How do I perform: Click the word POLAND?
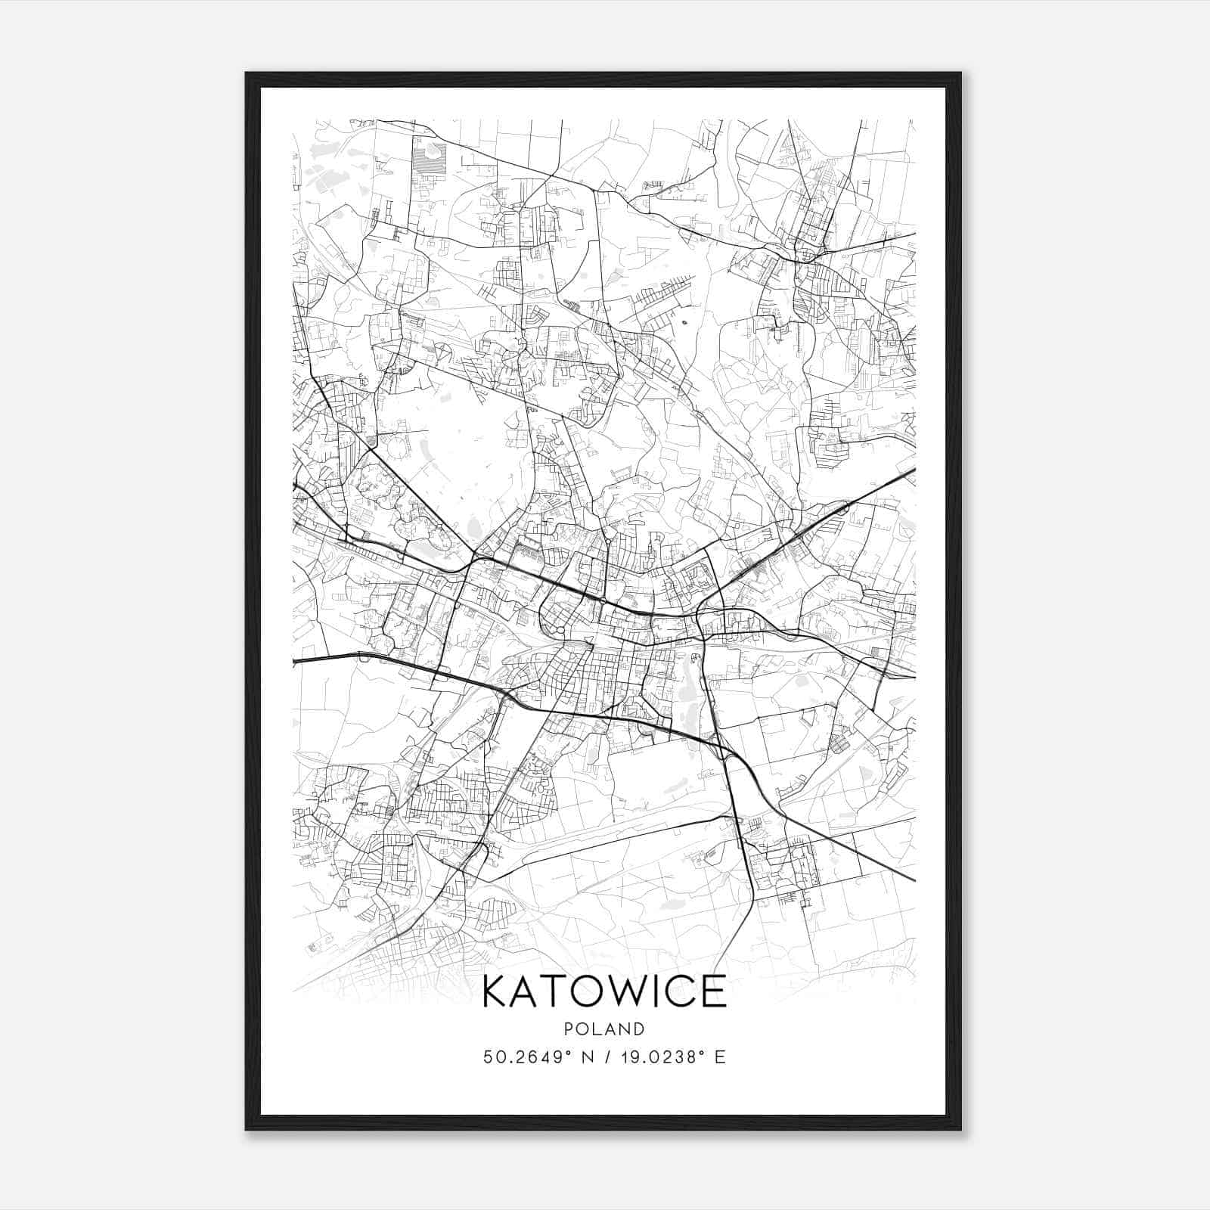pyautogui.click(x=604, y=1029)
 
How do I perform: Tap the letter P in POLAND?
pyautogui.click(x=568, y=1029)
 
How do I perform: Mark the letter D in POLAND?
pyautogui.click(x=640, y=1029)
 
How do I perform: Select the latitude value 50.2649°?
pyautogui.click(x=526, y=1057)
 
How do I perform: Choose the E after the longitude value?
pyautogui.click(x=720, y=1057)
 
